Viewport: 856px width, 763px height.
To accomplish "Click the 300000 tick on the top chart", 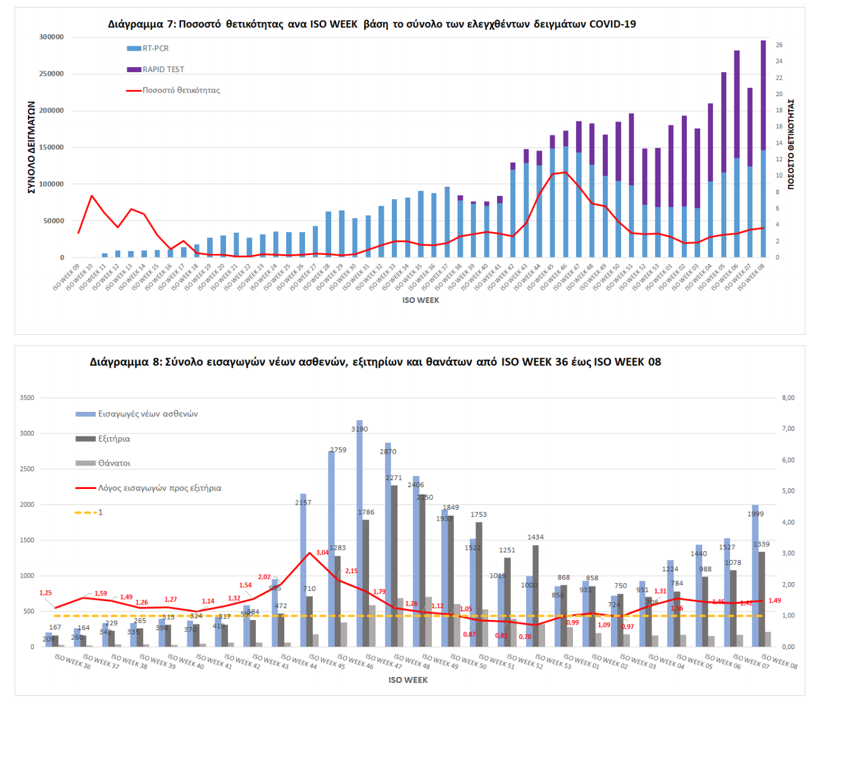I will [51, 37].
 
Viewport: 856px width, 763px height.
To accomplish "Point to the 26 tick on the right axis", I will [779, 46].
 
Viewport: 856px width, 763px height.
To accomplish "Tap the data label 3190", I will [360, 430].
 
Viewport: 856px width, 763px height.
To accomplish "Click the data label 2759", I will [338, 450].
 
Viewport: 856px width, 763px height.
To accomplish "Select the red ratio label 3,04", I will [322, 553].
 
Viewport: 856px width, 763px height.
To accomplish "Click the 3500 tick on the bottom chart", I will [27, 398].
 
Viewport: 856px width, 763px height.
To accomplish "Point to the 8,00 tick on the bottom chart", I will [788, 398].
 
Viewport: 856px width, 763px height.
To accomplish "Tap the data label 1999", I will [755, 514].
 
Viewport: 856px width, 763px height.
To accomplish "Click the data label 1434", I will [536, 537].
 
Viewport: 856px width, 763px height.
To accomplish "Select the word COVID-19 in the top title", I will [612, 25].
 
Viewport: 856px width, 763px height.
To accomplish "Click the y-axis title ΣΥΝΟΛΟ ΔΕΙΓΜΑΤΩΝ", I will [32, 147].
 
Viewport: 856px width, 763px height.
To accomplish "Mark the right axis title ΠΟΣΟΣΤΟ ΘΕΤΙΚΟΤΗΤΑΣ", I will [791, 144].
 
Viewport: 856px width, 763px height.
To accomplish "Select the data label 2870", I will [388, 452].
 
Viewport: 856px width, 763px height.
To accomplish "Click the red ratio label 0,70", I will [526, 637].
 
